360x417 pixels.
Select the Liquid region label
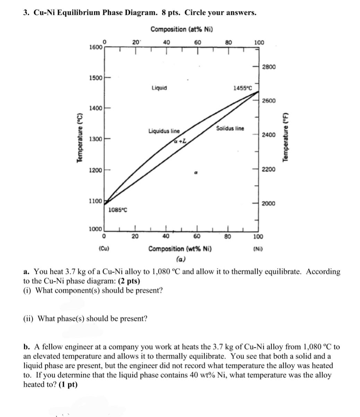[159, 88]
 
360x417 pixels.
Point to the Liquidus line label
[164, 131]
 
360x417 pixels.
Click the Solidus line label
[230, 128]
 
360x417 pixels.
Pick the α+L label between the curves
[180, 141]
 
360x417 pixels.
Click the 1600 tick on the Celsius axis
[95, 47]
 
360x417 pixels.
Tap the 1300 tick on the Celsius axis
[95, 139]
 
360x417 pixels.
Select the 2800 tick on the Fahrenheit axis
[269, 67]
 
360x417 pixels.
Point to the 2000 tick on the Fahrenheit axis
[269, 203]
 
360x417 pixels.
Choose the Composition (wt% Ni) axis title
[181, 249]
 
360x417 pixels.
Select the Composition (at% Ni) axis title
[182, 29]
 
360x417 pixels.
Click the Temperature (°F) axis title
[286, 137]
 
